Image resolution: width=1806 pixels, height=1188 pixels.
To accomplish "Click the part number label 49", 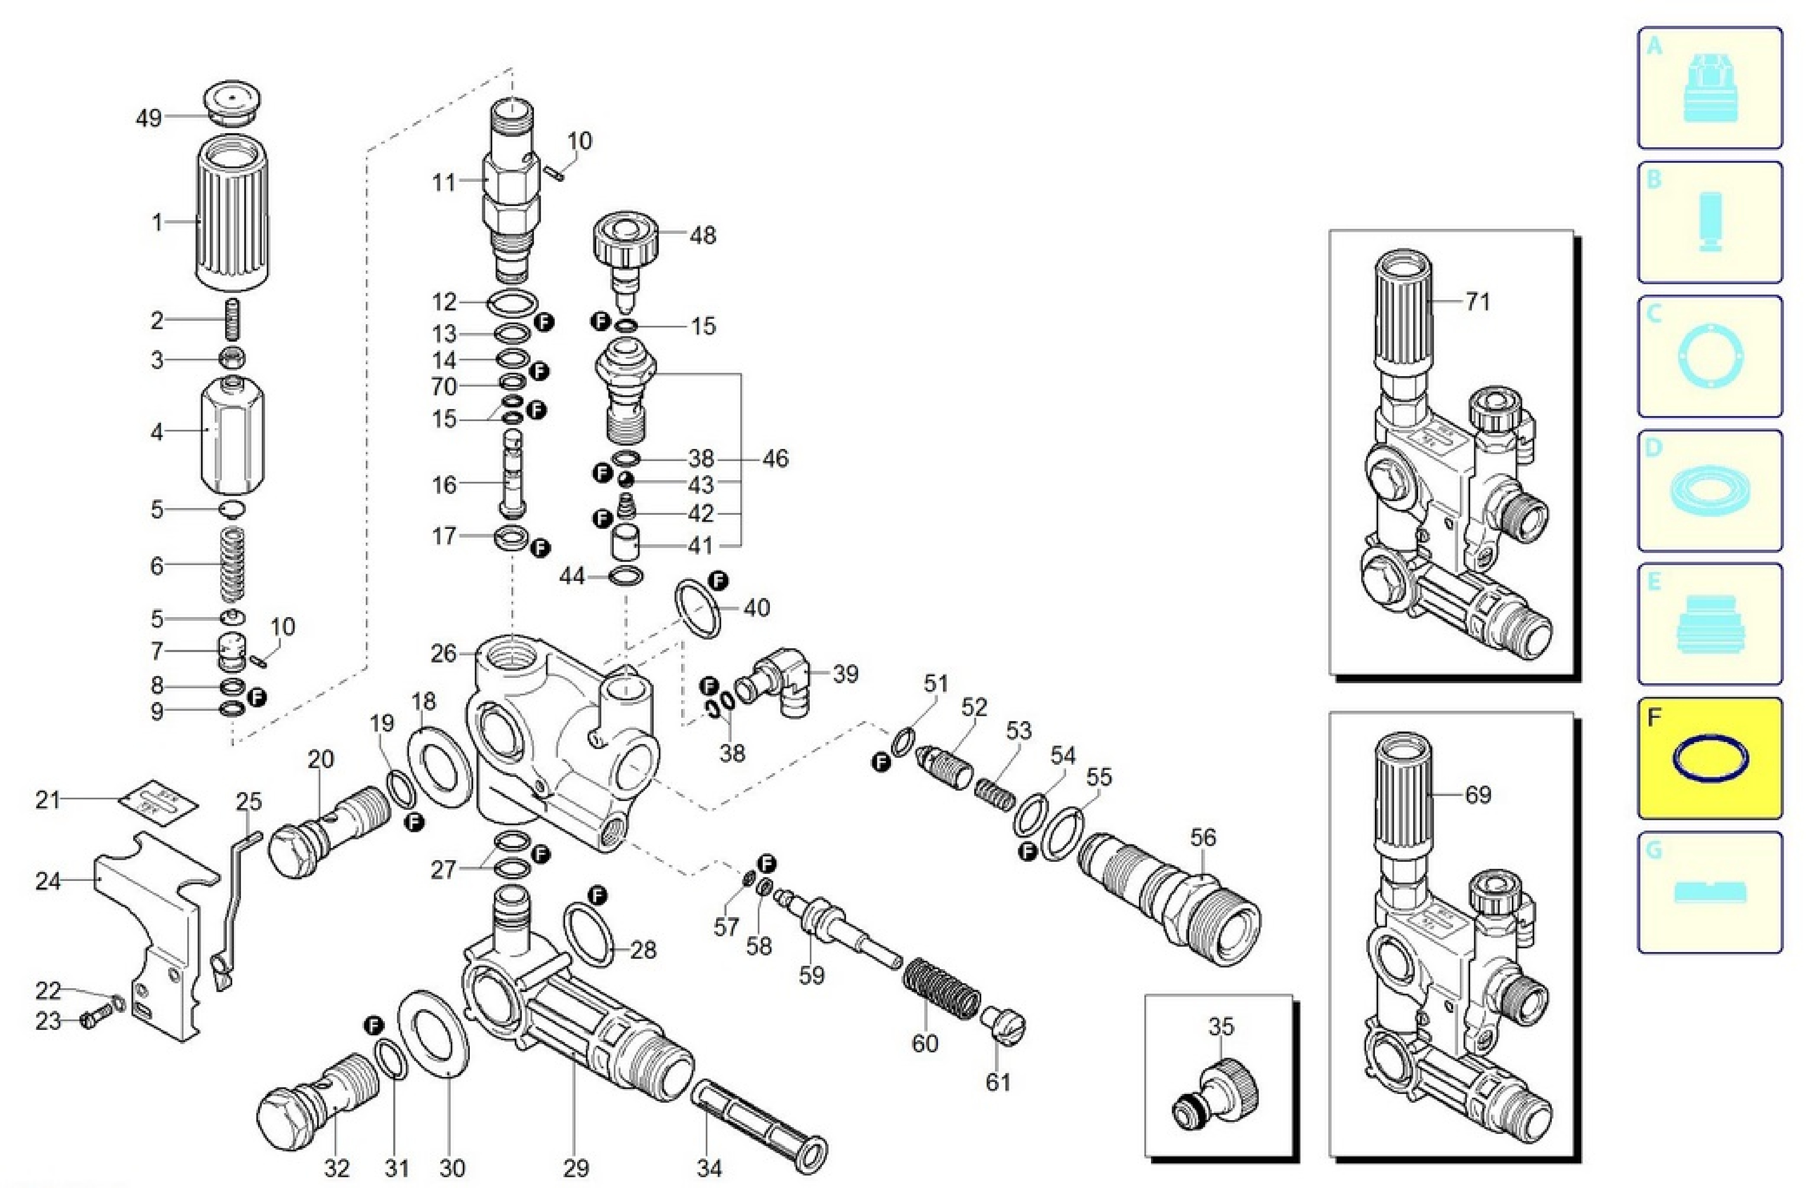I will pos(148,118).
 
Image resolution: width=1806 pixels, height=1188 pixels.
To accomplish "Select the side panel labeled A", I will pos(1709,88).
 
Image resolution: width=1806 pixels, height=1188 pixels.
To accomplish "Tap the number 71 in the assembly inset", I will pos(1477,302).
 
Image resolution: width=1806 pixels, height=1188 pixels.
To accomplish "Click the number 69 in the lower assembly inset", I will pos(1477,795).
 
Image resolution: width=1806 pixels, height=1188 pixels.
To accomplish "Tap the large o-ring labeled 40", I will pos(698,607).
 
